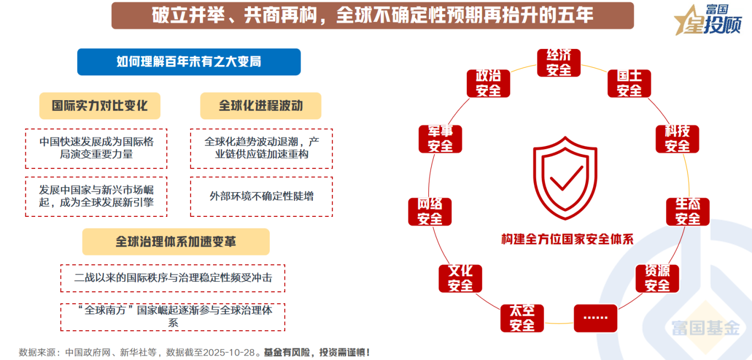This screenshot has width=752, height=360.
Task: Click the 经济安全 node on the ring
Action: (x=559, y=63)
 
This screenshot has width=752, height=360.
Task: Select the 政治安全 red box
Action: (x=488, y=83)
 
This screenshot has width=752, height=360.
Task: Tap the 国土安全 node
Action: (x=629, y=83)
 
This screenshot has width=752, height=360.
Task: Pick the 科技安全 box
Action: (x=677, y=139)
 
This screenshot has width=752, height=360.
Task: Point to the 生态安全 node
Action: (x=688, y=211)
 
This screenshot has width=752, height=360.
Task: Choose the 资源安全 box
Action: (x=657, y=278)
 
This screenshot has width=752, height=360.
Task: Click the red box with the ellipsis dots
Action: (x=596, y=317)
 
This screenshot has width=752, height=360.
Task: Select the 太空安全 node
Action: (x=522, y=318)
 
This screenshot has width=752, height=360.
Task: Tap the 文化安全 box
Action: (x=460, y=278)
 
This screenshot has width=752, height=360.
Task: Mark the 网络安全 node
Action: (x=430, y=211)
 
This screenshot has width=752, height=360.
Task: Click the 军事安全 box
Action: (x=440, y=139)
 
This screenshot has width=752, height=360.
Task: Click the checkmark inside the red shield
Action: (x=565, y=179)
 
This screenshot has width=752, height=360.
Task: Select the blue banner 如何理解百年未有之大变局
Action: (x=189, y=62)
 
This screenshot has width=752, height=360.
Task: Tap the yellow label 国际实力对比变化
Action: (x=100, y=106)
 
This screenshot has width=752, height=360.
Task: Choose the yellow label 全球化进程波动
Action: (x=261, y=106)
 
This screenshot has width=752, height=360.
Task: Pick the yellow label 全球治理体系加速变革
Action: (x=176, y=242)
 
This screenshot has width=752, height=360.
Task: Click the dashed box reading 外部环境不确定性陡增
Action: (x=261, y=197)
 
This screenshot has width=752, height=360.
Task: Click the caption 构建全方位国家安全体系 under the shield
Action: (x=567, y=239)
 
